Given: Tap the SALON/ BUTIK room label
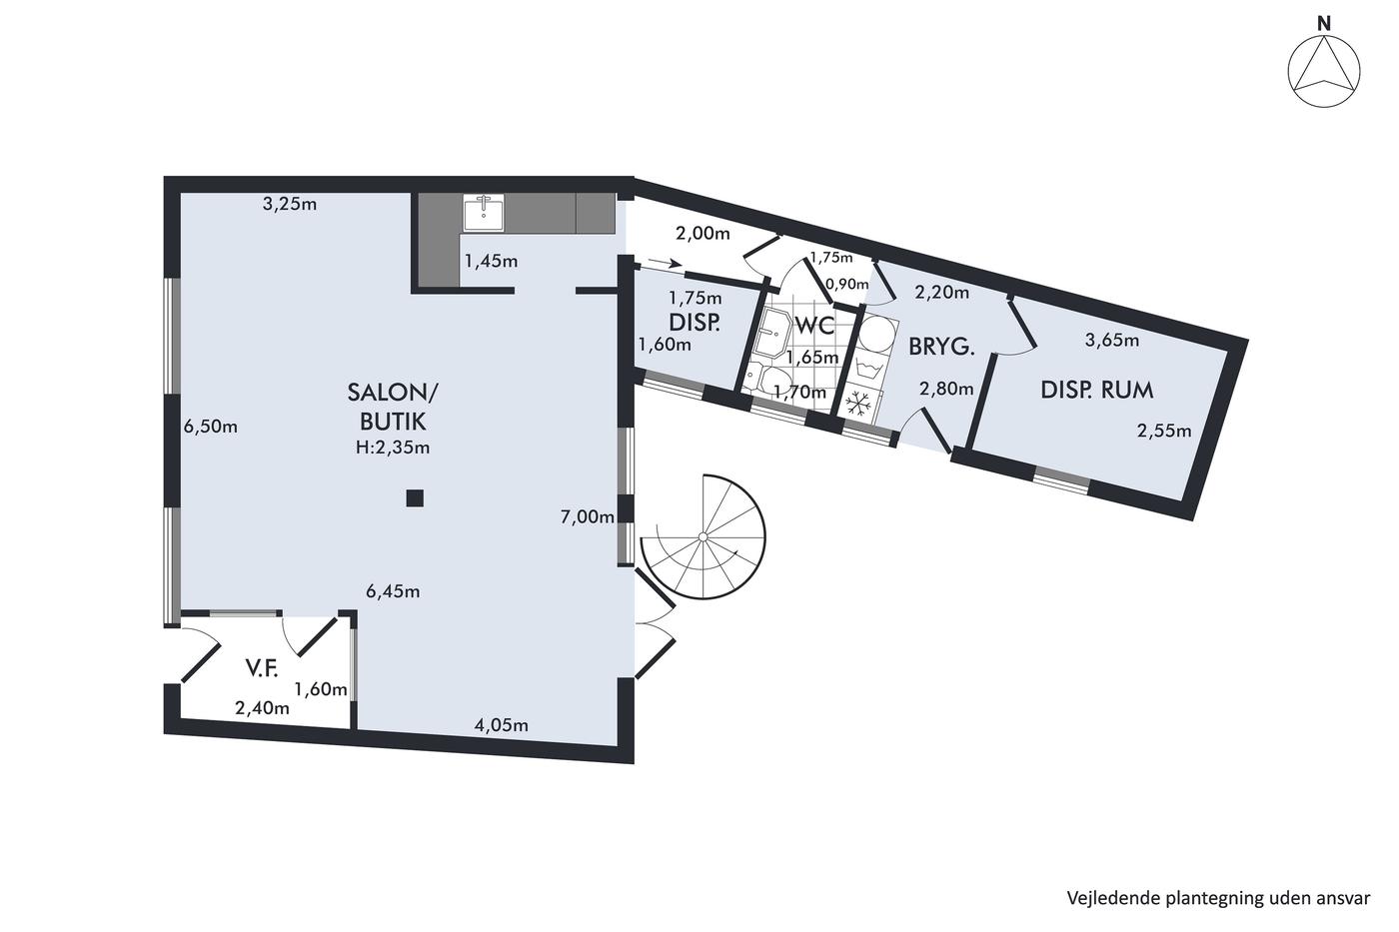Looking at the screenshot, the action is pos(393,407).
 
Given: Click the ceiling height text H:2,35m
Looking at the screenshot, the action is pos(393,448).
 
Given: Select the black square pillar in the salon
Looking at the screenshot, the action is pos(415,498).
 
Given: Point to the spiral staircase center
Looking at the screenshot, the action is pos(702,536).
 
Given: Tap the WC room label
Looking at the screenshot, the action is pos(814,326).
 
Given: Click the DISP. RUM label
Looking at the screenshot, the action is pos(1097,391).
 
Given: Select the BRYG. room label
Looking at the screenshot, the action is pos(941,347).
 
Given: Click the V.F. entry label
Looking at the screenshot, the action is pos(262,668).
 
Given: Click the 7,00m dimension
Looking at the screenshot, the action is pos(588,516).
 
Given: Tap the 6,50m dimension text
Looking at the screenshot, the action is pos(211,427).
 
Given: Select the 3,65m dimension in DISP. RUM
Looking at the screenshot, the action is pos(1112,341).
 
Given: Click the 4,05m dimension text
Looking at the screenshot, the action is pos(502,725).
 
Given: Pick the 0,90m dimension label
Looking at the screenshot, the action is pos(847,284).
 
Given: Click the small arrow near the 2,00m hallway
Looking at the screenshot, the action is pos(666,263).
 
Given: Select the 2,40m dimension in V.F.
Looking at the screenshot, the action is pos(262,708).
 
